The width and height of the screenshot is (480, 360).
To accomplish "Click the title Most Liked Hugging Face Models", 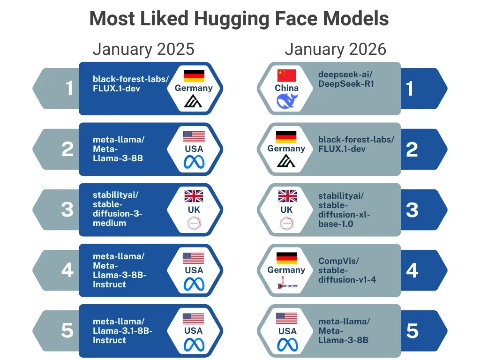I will [239, 19].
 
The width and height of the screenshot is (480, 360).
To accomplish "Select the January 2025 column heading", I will [143, 49].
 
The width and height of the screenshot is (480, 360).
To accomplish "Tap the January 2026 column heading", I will [335, 49].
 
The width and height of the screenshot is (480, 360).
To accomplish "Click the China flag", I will [287, 75].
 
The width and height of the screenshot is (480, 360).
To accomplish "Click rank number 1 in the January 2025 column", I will [69, 88].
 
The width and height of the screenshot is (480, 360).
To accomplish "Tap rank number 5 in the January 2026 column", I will [412, 331].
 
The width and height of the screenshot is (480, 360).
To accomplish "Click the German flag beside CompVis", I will [286, 257].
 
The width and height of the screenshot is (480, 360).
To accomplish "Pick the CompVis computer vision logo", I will [287, 283].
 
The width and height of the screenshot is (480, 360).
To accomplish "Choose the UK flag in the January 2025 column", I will [194, 196].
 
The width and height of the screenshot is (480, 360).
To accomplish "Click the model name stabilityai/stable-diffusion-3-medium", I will [117, 209].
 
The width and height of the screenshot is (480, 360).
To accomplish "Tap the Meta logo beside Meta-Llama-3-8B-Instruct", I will [194, 284].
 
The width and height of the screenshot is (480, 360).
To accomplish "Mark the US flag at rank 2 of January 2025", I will [194, 136].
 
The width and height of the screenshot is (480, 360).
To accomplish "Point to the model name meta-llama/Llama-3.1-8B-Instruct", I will [122, 331].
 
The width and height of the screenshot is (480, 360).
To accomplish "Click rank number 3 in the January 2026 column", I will [412, 210].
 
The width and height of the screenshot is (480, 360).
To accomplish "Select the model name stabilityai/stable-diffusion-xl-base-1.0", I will [344, 210].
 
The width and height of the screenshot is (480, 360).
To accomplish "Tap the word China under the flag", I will [287, 88].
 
